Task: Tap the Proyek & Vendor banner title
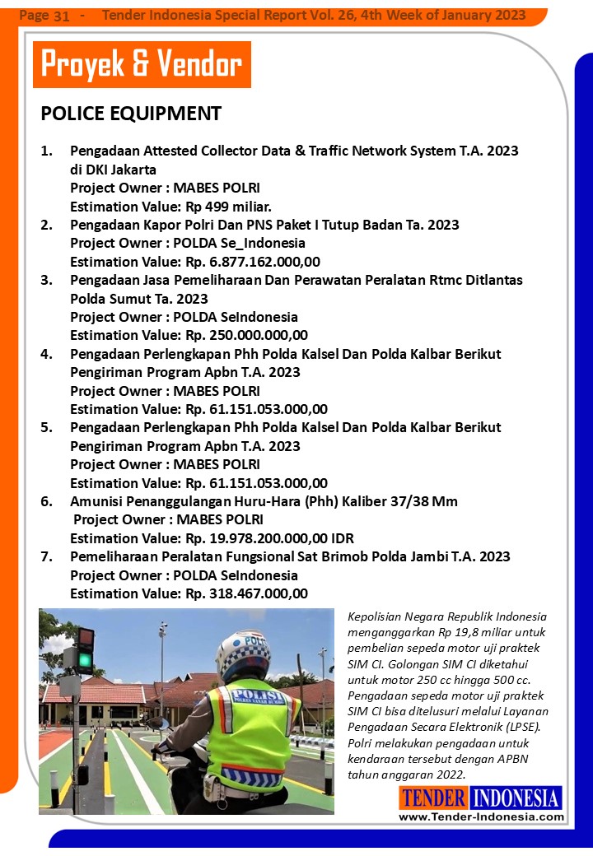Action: (x=142, y=64)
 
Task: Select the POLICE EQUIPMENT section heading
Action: (x=131, y=114)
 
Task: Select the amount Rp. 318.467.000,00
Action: (x=247, y=593)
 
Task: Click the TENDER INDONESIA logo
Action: (x=481, y=798)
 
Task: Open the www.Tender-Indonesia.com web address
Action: (x=481, y=816)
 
